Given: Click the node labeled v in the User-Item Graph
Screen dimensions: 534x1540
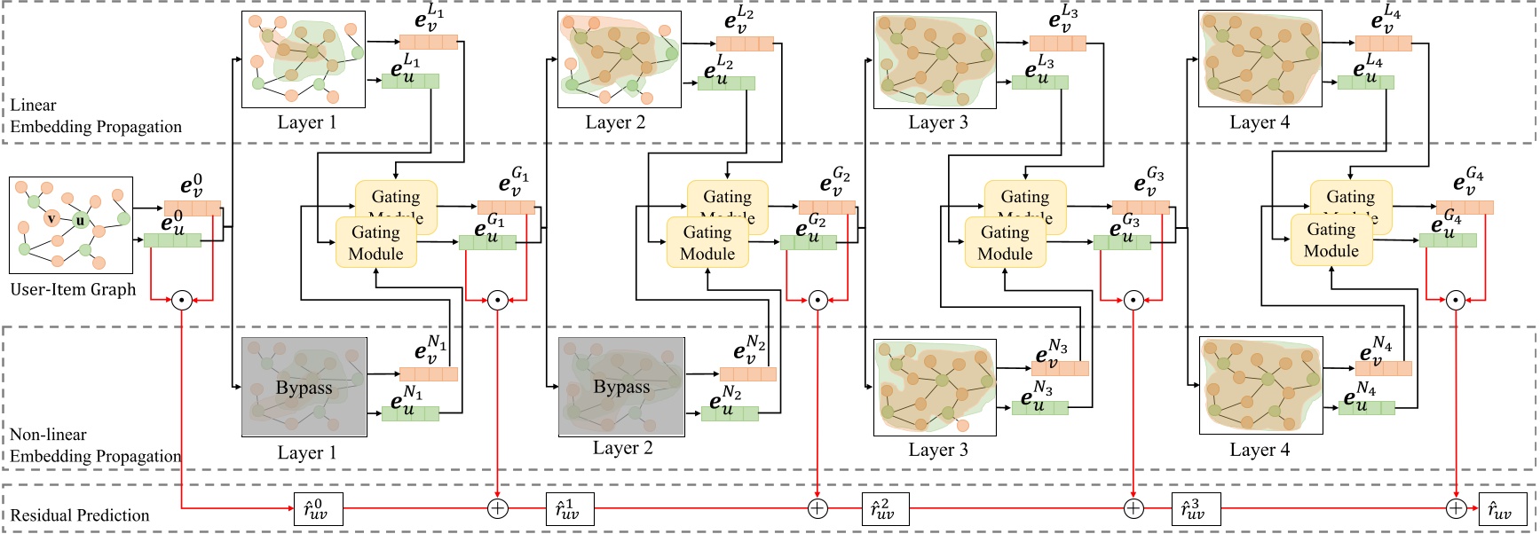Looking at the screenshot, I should coord(51,218).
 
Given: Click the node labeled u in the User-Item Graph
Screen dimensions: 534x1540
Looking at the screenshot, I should coord(81,221).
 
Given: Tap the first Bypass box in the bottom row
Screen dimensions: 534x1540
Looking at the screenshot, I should coord(304,387).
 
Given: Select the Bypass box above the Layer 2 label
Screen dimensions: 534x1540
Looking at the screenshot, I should coord(621,387).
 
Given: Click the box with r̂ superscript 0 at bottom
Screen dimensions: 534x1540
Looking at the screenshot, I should coord(317,509).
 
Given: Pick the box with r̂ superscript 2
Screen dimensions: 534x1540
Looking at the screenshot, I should coord(885,509).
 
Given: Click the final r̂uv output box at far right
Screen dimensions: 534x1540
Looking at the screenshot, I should coord(1502,509).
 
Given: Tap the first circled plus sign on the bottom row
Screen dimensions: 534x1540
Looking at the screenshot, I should coord(498,508).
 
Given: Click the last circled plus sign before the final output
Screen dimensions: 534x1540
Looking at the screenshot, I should coord(1456,508).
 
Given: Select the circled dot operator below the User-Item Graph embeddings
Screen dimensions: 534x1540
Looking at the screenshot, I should coord(182,300).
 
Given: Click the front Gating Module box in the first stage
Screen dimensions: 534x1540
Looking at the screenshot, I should coord(375,243).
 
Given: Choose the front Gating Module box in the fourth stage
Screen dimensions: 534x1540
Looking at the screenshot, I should coord(1331,240).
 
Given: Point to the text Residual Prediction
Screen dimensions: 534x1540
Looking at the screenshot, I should coord(80,515).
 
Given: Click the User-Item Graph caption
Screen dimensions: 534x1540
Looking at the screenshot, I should coord(73,289).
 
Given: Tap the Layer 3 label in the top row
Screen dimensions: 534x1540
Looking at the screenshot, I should coord(937,122).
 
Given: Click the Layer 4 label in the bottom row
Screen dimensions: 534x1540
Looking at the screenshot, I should coord(1259,450).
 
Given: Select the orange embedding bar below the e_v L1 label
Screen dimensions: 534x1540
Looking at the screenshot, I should coord(428,42).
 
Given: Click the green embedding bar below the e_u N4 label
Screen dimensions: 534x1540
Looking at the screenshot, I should coord(1366,408).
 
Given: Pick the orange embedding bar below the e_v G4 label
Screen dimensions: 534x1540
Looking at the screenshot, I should coord(1465,208).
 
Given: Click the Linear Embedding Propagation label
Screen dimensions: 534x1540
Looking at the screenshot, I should coord(95,116).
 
